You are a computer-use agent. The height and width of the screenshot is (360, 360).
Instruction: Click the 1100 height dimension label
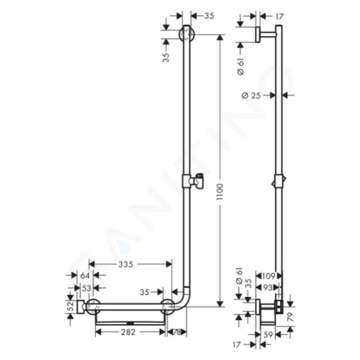tap(219, 191)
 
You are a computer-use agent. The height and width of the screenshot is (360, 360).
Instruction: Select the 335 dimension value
tap(126, 264)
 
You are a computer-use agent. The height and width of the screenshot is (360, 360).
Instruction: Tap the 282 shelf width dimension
tap(128, 332)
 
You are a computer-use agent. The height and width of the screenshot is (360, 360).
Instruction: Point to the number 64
tap(85, 276)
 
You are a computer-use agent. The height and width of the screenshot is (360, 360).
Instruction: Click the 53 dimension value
tap(87, 288)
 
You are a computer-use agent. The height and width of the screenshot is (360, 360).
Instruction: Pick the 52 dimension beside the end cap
tap(72, 306)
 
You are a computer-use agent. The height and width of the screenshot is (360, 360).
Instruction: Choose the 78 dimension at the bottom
tap(176, 332)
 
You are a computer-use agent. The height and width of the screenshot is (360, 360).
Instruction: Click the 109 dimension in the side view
tap(269, 276)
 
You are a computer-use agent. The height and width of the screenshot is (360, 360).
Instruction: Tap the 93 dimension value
tap(267, 288)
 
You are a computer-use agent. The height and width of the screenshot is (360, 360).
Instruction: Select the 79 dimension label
tap(291, 316)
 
